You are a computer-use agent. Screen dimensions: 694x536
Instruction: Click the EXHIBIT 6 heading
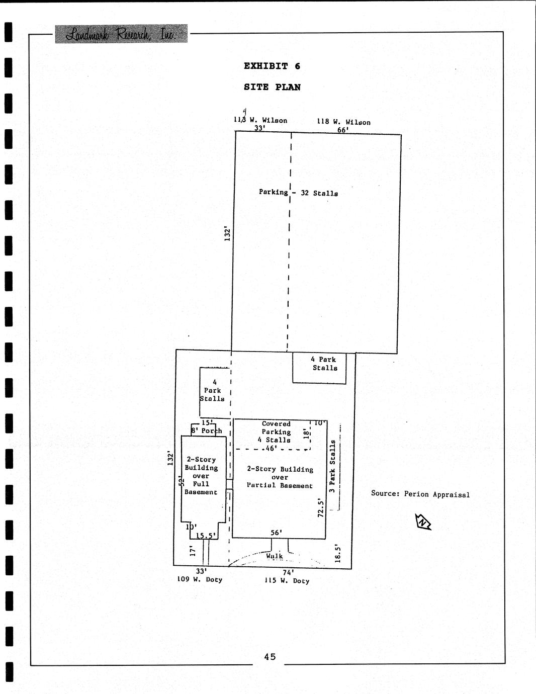[x=272, y=66]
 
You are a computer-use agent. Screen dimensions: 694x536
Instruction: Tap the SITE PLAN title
[x=272, y=87]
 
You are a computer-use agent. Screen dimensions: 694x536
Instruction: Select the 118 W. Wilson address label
[x=343, y=122]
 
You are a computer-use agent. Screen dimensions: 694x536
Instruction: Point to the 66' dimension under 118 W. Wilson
[x=343, y=130]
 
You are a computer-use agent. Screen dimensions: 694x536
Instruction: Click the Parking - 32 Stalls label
[x=298, y=193]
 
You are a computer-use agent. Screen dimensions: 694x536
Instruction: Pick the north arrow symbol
[x=423, y=522]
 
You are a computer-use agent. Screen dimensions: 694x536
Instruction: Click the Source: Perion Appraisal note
[x=420, y=494]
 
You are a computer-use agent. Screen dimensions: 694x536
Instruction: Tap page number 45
[x=270, y=656]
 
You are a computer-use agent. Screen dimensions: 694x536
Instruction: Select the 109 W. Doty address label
[x=200, y=579]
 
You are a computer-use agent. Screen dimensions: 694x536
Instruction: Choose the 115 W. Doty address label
[x=287, y=580]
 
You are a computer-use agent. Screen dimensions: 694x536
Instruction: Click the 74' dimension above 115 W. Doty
[x=288, y=572]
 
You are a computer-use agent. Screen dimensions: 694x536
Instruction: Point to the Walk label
[x=275, y=556]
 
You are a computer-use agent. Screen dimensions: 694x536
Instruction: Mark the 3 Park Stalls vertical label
[x=332, y=466]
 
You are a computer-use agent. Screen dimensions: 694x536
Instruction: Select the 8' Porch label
[x=207, y=431]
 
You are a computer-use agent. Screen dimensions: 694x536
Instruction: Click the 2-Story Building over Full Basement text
[x=201, y=476]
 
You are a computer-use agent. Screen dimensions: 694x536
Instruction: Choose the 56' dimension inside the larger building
[x=277, y=533]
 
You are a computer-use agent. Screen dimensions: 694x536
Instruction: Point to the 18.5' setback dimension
[x=338, y=554]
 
